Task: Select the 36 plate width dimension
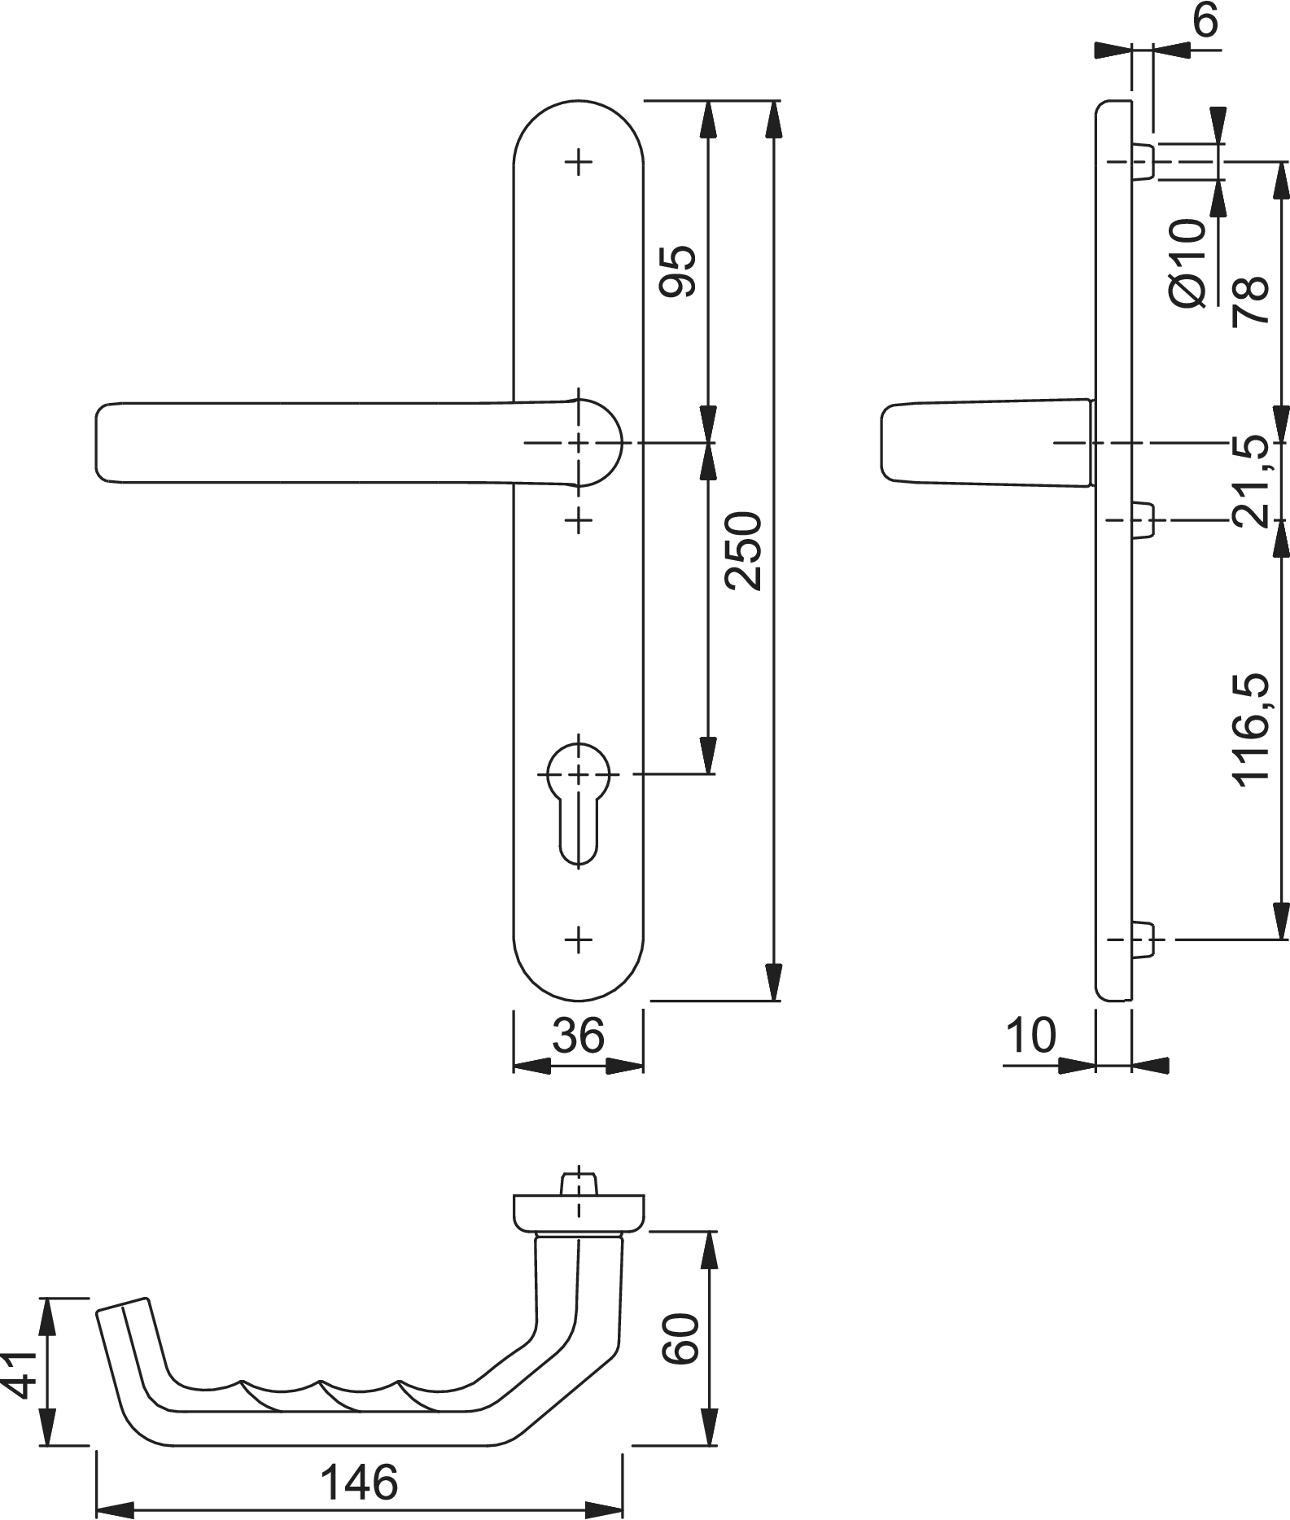pyautogui.click(x=578, y=1035)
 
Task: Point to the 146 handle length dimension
pyautogui.click(x=359, y=1482)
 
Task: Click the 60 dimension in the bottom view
pyautogui.click(x=680, y=1338)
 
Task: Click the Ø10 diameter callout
pyautogui.click(x=1187, y=263)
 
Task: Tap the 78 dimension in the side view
pyautogui.click(x=1252, y=300)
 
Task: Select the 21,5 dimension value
pyautogui.click(x=1252, y=482)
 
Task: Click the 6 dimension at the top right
pyautogui.click(x=1206, y=21)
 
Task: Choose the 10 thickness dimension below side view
pyautogui.click(x=1030, y=1035)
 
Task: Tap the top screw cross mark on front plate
pyautogui.click(x=579, y=162)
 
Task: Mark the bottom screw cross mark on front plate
pyautogui.click(x=579, y=940)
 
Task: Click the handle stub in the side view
pyautogui.click(x=985, y=442)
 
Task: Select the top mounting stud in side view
pyautogui.click(x=1143, y=161)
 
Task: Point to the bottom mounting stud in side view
pyautogui.click(x=1143, y=940)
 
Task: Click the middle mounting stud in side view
pyautogui.click(x=1143, y=519)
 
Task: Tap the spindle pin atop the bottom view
pyautogui.click(x=579, y=1182)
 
